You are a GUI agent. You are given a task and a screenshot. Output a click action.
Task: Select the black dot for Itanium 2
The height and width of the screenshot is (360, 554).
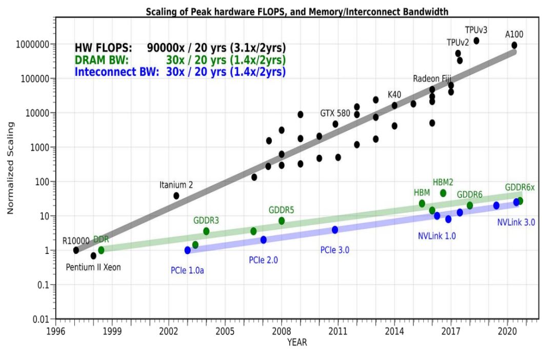point(176,195)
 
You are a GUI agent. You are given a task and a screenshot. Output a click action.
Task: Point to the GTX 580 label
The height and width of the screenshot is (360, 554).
point(336,112)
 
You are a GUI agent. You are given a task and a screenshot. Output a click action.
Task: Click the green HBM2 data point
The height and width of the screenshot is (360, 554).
point(443,193)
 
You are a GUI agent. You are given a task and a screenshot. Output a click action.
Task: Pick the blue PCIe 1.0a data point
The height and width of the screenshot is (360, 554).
point(188,250)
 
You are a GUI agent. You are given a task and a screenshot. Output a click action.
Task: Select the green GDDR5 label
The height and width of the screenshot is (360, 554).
point(281,210)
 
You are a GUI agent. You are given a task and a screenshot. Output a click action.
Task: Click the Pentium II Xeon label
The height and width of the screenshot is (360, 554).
point(93,267)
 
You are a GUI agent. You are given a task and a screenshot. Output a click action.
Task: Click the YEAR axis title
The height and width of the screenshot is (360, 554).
point(297,342)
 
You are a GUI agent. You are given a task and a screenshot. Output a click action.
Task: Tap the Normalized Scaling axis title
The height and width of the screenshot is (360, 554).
point(10,168)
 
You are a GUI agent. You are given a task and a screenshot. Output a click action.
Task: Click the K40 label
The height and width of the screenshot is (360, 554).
point(394,95)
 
